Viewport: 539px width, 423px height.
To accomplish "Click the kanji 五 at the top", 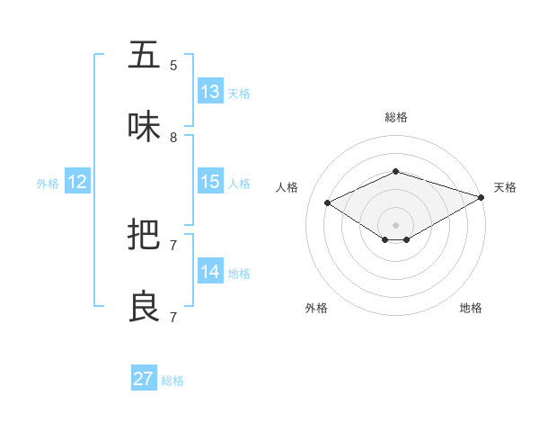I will [145, 55].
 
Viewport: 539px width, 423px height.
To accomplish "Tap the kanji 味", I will [145, 127].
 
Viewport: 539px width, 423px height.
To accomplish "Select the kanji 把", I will [145, 235].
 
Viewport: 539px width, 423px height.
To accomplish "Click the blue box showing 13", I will [210, 92].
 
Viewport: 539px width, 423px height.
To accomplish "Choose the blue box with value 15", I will [210, 182].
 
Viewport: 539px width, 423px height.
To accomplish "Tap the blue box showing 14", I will [210, 272].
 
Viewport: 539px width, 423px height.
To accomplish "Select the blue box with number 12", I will [77, 182].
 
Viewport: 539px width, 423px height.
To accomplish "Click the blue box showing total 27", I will [144, 379].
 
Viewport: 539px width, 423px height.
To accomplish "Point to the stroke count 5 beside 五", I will [173, 66].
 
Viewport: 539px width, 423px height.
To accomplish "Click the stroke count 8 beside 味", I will [173, 138].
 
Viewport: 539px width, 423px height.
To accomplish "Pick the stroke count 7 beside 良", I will [173, 318].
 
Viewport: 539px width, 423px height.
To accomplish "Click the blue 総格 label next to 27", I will [172, 381].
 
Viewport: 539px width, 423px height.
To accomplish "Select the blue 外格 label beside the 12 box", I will [48, 184].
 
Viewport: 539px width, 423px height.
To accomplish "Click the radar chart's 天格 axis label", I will [505, 187].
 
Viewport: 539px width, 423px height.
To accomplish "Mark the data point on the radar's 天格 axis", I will [482, 196].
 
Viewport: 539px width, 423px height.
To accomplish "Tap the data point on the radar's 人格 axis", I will [328, 202].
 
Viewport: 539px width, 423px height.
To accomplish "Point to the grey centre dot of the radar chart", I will [395, 224].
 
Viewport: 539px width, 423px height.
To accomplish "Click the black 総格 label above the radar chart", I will [396, 117].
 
